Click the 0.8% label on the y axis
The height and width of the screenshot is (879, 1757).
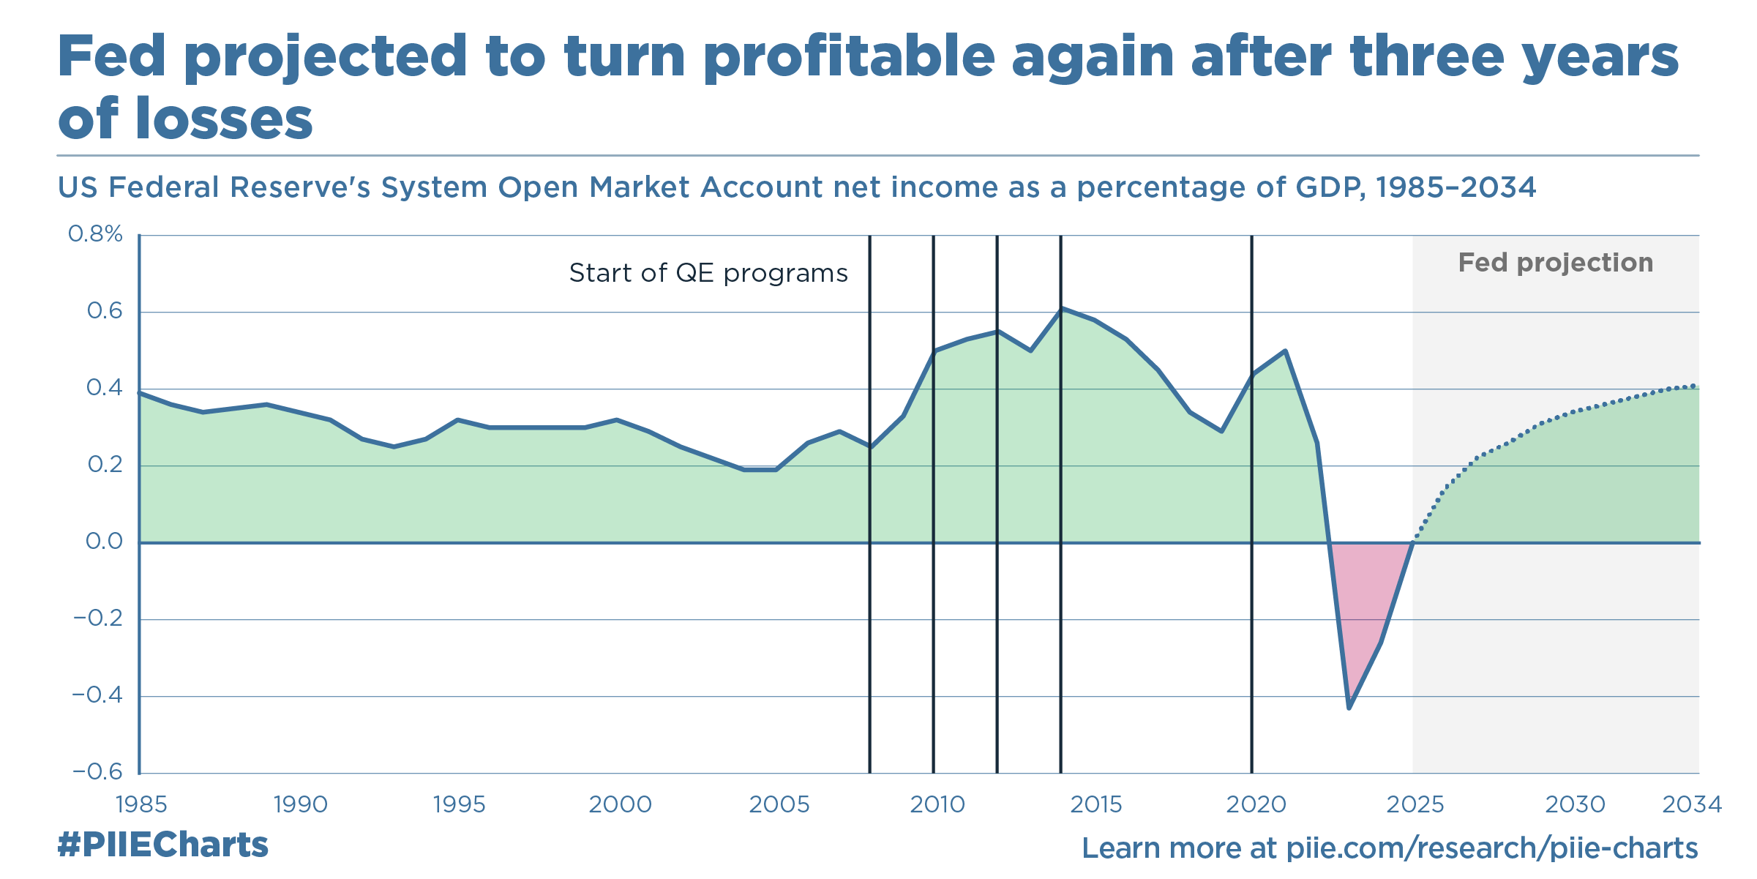click(x=95, y=234)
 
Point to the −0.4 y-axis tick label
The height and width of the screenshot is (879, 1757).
click(x=97, y=695)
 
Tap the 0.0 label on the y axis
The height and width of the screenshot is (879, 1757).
click(x=104, y=542)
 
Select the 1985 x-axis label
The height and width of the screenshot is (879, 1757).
click(x=141, y=804)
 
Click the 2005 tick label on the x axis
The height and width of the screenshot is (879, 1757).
click(x=779, y=804)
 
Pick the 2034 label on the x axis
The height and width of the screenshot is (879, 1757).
click(x=1691, y=804)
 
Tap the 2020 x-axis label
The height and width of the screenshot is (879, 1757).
click(x=1256, y=804)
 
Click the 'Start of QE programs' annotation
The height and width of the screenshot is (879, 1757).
click(x=708, y=273)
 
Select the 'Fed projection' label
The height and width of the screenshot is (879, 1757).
click(x=1555, y=262)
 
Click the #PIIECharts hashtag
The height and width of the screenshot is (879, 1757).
click(x=162, y=845)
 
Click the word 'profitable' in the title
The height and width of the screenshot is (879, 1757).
click(x=849, y=57)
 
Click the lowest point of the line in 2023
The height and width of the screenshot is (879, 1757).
click(x=1349, y=707)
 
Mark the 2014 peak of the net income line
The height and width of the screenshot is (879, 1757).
click(x=1061, y=308)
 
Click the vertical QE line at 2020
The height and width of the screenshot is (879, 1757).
click(x=1251, y=659)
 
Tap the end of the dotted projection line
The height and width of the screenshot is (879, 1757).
click(x=1694, y=385)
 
